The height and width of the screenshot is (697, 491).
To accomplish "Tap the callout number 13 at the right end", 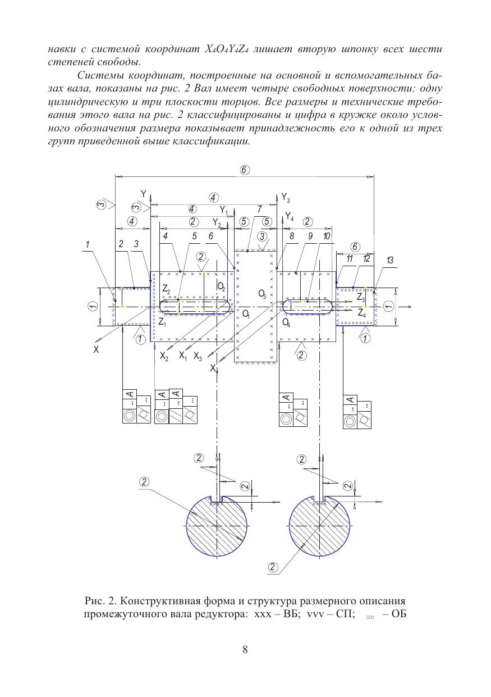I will [x=390, y=260].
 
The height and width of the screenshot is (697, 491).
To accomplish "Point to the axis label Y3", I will [x=286, y=198].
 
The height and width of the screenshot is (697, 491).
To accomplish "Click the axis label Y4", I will [x=289, y=216].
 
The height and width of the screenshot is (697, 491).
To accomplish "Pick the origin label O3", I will [x=262, y=293].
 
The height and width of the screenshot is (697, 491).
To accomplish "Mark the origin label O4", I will [x=287, y=322].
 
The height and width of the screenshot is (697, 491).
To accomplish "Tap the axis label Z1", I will [x=162, y=322].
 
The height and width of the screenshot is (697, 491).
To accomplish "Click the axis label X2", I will [x=164, y=356].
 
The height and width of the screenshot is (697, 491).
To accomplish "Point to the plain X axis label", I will [x=97, y=349].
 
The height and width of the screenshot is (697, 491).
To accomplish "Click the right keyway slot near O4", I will [x=307, y=306].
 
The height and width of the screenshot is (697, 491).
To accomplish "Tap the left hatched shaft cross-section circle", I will [x=216, y=526].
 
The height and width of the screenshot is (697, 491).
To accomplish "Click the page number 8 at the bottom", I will [x=245, y=650].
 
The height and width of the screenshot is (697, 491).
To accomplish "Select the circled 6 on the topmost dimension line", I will [x=245, y=170].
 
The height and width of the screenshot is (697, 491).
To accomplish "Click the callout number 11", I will [x=349, y=258].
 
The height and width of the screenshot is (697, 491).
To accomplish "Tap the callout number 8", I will [x=292, y=236].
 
